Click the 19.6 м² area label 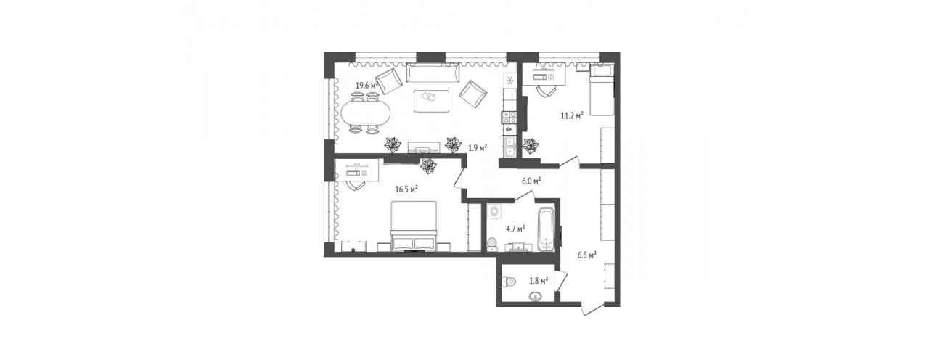pos(367,86)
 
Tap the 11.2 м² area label pos(573,115)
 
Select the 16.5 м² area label pos(406,189)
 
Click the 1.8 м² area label pos(539,281)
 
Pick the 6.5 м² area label pos(587,255)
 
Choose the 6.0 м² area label pos(531,181)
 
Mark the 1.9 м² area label pos(478,147)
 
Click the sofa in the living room pos(432,74)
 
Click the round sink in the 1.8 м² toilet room pos(536,297)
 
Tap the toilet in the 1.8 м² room pos(509,282)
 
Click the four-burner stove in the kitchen pos(509,118)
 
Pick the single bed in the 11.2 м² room pos(601,91)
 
